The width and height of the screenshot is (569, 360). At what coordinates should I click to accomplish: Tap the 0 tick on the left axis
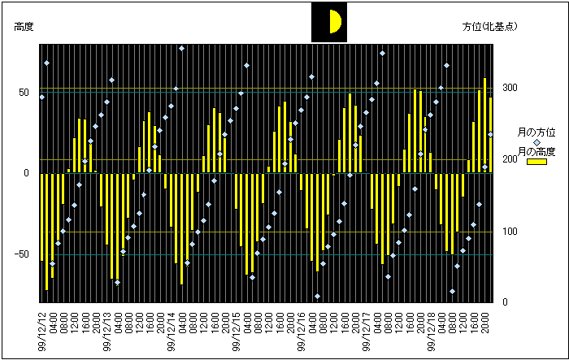pyautogui.click(x=27, y=173)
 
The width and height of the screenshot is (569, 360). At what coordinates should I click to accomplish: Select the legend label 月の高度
pyautogui.click(x=536, y=152)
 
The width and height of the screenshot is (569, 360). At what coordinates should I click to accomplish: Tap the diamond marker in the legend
pyautogui.click(x=536, y=141)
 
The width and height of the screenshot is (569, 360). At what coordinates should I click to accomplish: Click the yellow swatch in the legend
pyautogui.click(x=536, y=162)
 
